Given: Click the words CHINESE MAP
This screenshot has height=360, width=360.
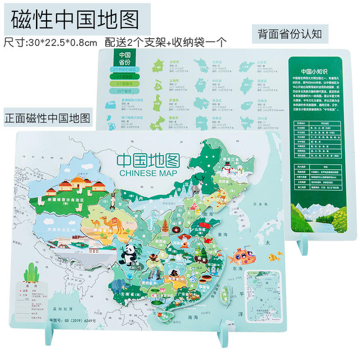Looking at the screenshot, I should [148, 173].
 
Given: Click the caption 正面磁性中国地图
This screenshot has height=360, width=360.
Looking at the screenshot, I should [47, 119].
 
